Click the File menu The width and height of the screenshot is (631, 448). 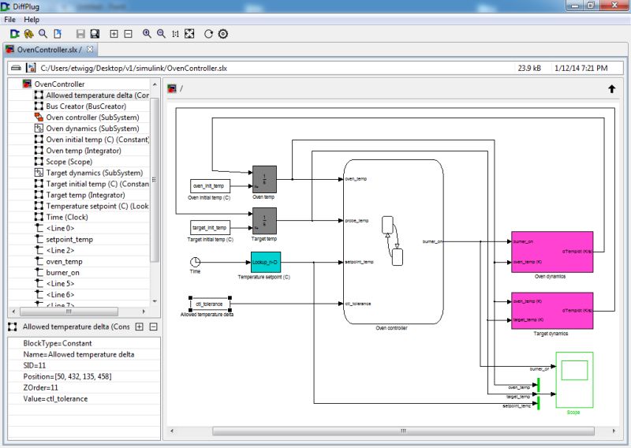pos(10,19)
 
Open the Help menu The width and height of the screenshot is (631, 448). pos(32,19)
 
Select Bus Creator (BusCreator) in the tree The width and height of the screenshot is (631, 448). pos(86,106)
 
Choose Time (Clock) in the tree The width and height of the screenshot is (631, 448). pos(66,217)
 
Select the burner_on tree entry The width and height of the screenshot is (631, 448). pos(62,272)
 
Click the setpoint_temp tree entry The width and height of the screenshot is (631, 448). pos(69,239)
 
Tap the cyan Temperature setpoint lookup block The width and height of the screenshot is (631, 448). pos(266,262)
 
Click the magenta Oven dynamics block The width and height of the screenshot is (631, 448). pos(551,252)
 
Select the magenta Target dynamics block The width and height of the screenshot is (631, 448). pos(551,312)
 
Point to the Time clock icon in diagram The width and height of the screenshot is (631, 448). pos(195,262)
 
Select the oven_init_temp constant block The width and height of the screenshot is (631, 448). pos(209,186)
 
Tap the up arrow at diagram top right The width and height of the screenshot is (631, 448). pos(611,89)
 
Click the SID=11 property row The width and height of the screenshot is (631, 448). pos(36,366)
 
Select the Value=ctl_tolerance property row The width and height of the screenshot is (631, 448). pos(55,399)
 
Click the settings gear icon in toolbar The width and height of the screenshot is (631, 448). pos(223,34)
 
